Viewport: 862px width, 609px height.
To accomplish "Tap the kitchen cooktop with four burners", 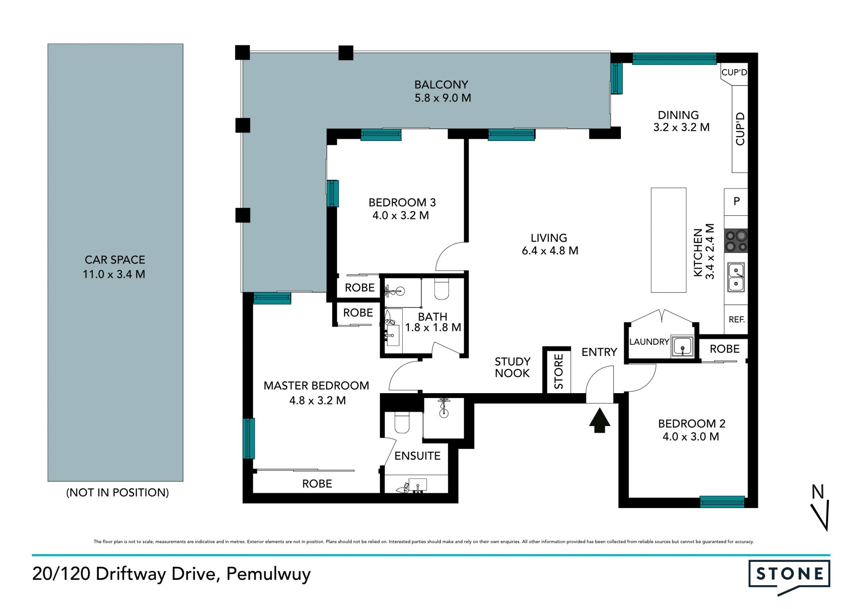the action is coord(736,241).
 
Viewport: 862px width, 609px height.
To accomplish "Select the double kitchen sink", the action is coord(736,277).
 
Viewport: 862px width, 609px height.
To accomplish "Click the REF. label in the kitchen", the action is coord(736,320).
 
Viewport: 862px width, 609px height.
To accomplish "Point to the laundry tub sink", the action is coord(682,346).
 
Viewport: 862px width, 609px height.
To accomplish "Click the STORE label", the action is coord(559,372).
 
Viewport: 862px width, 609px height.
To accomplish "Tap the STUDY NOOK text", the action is coord(512,367).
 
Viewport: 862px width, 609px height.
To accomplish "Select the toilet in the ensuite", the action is coord(402,423).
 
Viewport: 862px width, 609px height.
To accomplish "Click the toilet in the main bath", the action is coord(442,289).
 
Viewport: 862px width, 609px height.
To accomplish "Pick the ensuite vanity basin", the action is coord(417,486).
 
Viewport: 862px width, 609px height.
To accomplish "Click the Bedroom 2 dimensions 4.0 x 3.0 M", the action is coord(691,437).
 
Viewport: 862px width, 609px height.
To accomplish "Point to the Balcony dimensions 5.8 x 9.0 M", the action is coord(443,98).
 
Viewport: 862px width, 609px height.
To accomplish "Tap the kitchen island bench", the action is coord(668,240).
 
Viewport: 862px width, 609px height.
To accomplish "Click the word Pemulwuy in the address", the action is coord(268,574).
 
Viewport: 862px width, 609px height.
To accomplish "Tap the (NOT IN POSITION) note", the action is coord(118,492).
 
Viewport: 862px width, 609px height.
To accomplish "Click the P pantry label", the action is coord(737,201).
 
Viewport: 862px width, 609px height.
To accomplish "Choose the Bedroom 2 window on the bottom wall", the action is coord(722,502).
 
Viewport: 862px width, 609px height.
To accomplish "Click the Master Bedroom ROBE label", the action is coord(317,484).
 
